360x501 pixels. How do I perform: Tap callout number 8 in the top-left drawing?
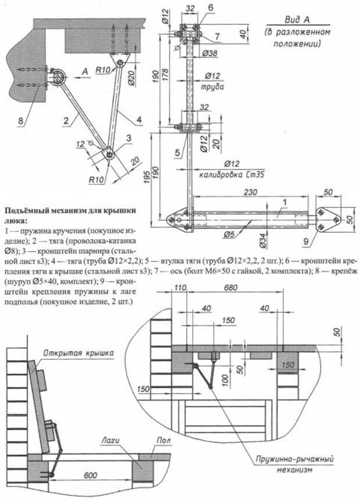[20, 121]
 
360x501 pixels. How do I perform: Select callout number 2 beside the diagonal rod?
[67, 120]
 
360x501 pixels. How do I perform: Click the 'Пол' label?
[164, 441]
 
